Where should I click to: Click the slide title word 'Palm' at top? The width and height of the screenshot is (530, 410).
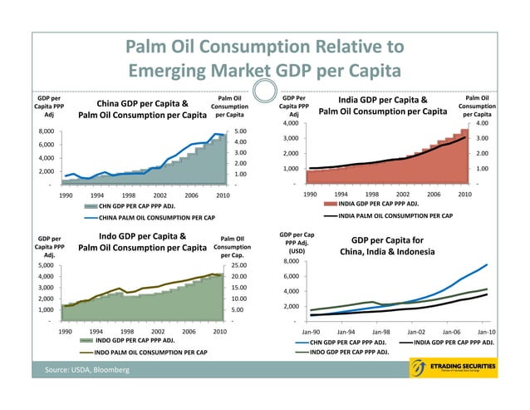coord(151,46)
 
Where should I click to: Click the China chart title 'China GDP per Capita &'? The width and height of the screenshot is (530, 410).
coord(141,103)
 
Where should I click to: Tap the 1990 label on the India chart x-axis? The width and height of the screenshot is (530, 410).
coord(308,194)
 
